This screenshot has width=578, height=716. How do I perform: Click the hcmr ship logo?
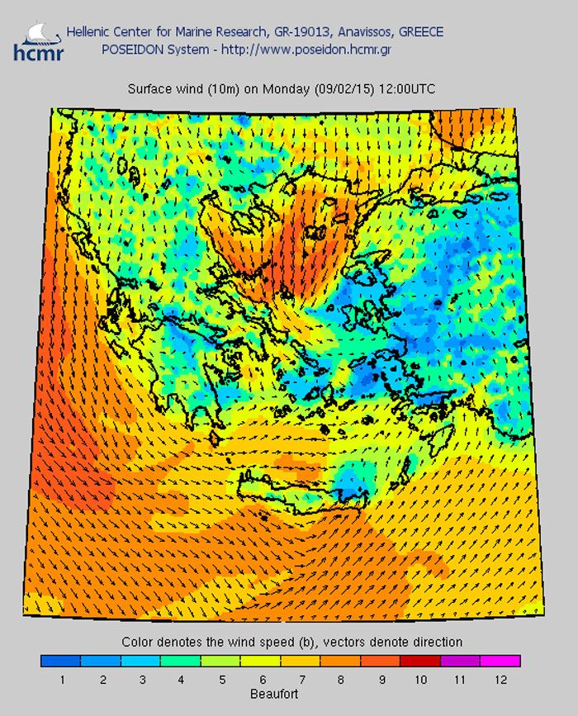[32, 41]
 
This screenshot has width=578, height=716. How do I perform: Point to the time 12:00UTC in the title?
[407, 88]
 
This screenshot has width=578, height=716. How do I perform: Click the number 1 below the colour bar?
[62, 680]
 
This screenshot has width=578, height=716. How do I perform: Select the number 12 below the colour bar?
[500, 680]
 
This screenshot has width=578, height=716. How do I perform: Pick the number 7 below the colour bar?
[301, 680]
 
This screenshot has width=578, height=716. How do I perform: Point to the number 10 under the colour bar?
[420, 680]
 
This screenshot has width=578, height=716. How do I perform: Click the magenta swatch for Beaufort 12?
[500, 661]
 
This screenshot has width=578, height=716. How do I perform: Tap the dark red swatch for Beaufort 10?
[420, 661]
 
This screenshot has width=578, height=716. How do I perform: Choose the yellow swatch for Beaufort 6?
[260, 661]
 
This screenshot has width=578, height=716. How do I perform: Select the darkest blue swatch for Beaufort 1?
[61, 661]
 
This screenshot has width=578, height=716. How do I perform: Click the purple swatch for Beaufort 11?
[460, 661]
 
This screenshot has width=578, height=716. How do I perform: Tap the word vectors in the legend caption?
[351, 642]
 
